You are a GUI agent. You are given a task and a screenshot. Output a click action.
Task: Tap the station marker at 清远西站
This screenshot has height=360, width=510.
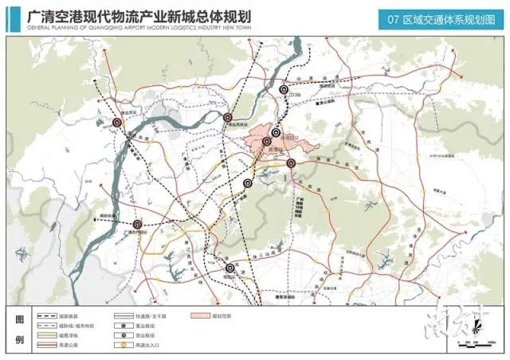click(117, 123)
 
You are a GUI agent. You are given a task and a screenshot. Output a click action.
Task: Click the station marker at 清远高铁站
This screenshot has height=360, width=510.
click(228, 117)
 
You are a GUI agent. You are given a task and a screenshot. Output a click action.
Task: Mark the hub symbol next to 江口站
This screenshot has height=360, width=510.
click(284, 91)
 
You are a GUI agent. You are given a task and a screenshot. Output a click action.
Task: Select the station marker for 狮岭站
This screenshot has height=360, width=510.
click(230, 268)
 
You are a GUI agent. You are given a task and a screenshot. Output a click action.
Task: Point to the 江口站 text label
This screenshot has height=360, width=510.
click(297, 96)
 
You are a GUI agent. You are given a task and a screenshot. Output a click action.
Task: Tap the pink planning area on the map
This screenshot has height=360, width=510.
click(267, 143)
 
